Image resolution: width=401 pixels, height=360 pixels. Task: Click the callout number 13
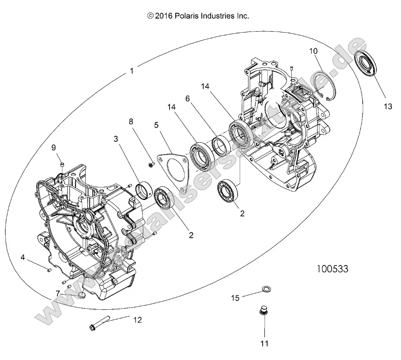387,107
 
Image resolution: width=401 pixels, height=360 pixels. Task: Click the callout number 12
138,320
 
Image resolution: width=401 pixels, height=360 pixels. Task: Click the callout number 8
131,122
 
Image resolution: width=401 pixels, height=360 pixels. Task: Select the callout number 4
22,258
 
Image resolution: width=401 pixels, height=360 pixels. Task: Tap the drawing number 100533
332,269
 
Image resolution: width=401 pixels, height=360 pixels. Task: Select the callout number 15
235,297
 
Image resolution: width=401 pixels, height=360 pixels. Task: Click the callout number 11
264,343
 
